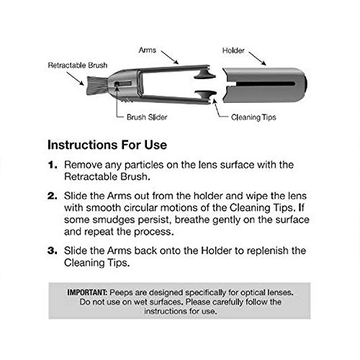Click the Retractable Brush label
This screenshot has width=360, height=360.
click(x=78, y=66)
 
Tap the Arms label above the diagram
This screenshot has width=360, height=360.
click(x=148, y=50)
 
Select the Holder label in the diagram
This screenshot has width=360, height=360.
click(x=233, y=50)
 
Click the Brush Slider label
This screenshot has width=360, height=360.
click(x=147, y=117)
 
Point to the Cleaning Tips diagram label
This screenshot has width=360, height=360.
click(x=253, y=117)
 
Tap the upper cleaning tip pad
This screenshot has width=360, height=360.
click(x=204, y=74)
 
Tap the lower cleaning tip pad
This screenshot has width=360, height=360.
click(x=205, y=96)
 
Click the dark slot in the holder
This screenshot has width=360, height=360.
click(x=265, y=84)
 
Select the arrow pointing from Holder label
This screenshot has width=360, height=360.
click(x=257, y=58)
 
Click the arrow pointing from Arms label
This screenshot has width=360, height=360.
click(x=170, y=58)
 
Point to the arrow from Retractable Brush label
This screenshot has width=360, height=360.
click(x=76, y=78)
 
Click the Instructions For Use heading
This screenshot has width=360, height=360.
click(x=107, y=145)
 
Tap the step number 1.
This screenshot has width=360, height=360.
click(x=53, y=165)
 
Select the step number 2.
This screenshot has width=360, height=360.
click(x=53, y=196)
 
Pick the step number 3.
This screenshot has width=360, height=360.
click(x=53, y=251)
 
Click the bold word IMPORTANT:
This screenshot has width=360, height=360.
click(x=87, y=292)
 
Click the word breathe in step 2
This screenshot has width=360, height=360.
click(x=192, y=220)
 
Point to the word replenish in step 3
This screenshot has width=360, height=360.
click(x=268, y=251)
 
